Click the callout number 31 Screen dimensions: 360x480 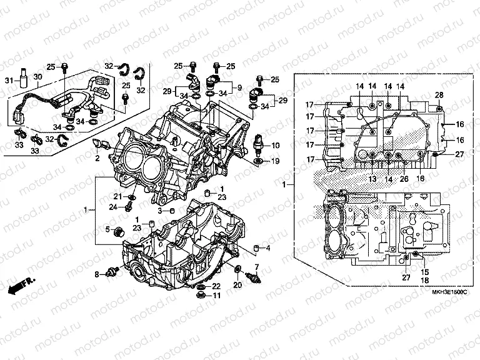point(9,80)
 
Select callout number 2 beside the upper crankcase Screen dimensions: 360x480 point(97,159)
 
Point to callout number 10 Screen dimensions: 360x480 point(275,146)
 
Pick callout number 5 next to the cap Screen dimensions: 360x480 point(107,228)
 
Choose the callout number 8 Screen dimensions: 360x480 point(97,274)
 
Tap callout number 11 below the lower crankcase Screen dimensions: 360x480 point(216,296)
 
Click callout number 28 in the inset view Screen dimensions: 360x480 point(439,94)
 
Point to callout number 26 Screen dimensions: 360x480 point(404,179)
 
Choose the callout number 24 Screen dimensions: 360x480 point(112,206)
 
